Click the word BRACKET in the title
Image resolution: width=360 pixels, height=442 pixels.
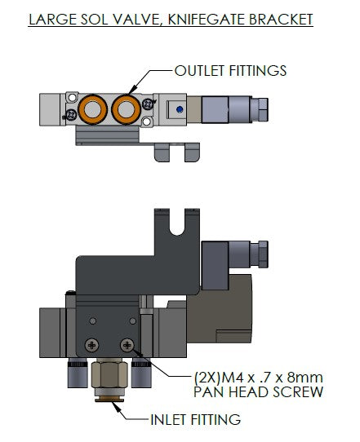(x=281, y=20)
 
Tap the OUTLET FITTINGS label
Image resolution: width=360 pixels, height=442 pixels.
(x=230, y=70)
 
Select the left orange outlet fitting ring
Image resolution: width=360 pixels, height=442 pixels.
(x=92, y=109)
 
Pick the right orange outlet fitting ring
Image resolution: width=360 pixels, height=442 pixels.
(x=126, y=109)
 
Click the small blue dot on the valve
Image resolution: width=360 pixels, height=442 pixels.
(x=179, y=109)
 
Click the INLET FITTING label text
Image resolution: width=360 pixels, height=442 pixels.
(x=196, y=419)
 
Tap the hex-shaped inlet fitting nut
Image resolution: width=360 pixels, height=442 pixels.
(x=109, y=374)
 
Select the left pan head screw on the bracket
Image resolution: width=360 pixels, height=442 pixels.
(x=92, y=345)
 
